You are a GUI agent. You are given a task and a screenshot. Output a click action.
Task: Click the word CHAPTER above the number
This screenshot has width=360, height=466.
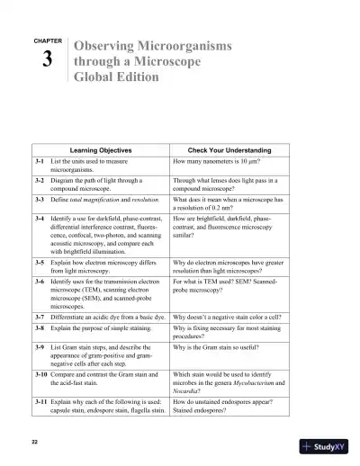(x=47, y=41)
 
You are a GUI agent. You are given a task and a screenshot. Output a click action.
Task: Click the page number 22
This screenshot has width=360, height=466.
(x=34, y=444)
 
